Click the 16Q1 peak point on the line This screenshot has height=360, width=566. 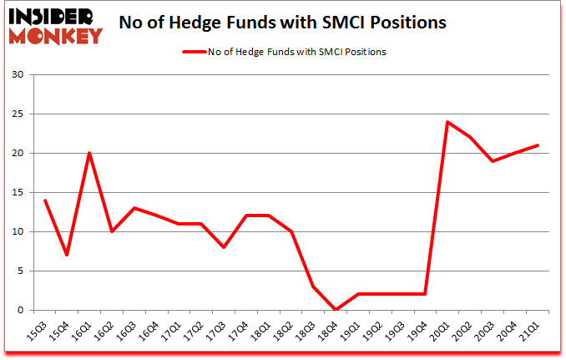89,153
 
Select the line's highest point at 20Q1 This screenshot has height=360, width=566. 447,122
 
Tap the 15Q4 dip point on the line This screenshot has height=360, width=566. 67,255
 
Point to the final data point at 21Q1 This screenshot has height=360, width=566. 537,145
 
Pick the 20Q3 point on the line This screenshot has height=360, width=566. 492,161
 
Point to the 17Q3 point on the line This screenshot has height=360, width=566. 224,247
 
